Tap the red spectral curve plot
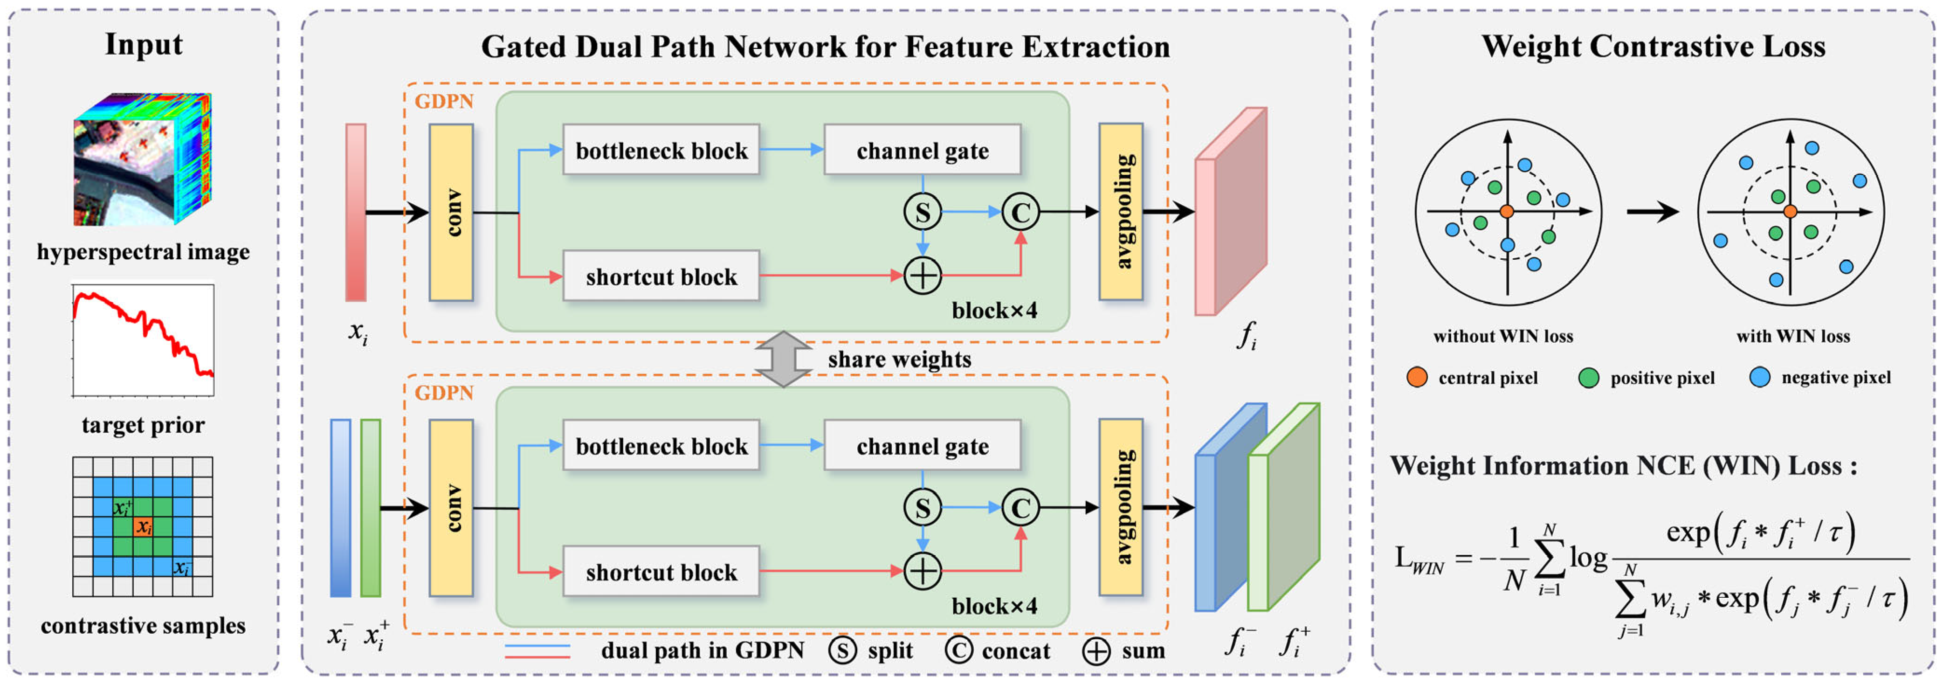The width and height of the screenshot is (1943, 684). tap(143, 340)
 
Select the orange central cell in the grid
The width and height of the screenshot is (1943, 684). tap(143, 526)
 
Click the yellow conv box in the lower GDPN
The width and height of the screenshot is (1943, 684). tap(451, 508)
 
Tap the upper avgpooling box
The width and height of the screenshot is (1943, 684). tap(1121, 212)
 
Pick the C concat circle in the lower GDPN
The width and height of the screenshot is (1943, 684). tap(1020, 508)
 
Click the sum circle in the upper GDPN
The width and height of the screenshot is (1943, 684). tap(922, 275)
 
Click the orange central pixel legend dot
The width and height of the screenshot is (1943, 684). tap(1417, 377)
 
